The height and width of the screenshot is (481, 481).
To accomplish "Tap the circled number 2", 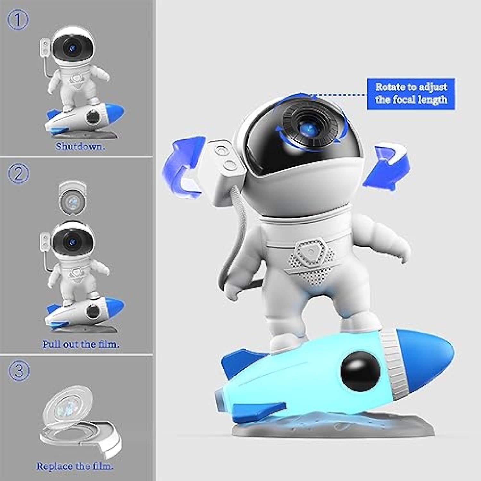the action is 18,174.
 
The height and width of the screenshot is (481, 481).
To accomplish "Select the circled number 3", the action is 19,370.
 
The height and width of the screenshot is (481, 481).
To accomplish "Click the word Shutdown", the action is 80,147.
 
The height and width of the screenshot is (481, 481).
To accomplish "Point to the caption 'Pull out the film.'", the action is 81,344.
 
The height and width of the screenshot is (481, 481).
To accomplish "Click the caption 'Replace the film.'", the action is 75,466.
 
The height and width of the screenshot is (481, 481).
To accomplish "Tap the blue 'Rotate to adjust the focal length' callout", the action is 411,93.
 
